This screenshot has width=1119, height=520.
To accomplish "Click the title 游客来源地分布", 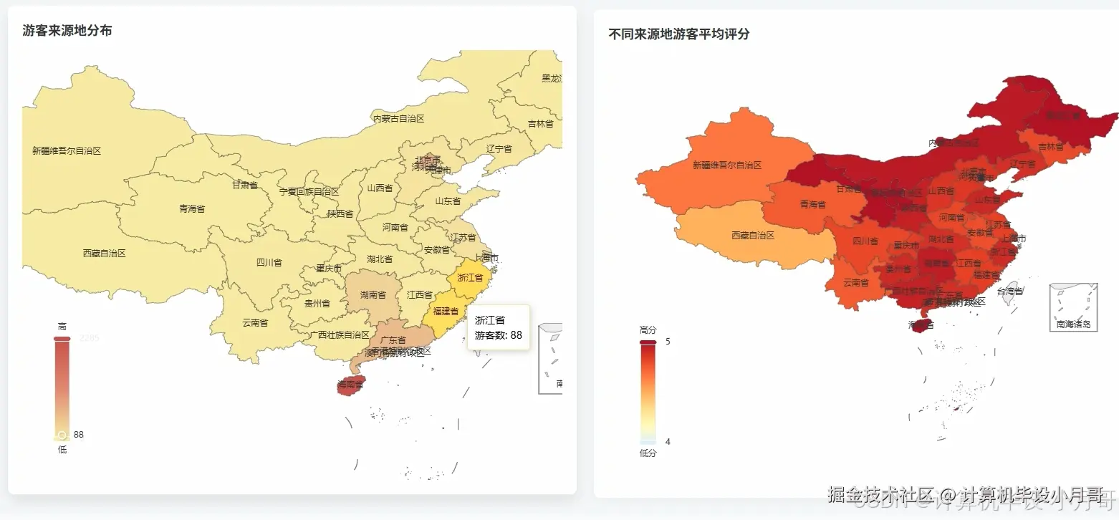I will (67, 31).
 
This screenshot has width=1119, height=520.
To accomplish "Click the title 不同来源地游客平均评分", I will (678, 34).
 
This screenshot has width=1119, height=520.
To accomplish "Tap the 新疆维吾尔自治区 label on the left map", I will (67, 151).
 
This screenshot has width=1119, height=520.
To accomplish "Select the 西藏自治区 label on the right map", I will (753, 236).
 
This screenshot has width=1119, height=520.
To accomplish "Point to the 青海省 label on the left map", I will (192, 209).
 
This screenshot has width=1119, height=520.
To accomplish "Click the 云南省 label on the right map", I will (855, 283).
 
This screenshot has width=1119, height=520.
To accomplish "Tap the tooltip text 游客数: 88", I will (498, 335).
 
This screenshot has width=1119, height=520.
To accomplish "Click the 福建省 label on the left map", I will (446, 312).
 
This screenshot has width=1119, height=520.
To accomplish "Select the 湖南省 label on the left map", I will (373, 295).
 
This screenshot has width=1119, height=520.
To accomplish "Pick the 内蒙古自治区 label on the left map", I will (398, 119).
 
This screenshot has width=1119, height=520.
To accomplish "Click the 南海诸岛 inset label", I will (1073, 324).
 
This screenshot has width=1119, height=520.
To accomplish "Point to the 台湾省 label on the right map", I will (1009, 292).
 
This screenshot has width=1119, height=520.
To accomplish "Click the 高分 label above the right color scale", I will (648, 330).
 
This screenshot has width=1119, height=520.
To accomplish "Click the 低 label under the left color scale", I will (62, 450).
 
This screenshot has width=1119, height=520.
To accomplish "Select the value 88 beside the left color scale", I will (79, 435).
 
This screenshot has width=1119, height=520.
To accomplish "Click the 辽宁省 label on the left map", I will (499, 149).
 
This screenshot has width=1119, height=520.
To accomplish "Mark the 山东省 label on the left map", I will (448, 201).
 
